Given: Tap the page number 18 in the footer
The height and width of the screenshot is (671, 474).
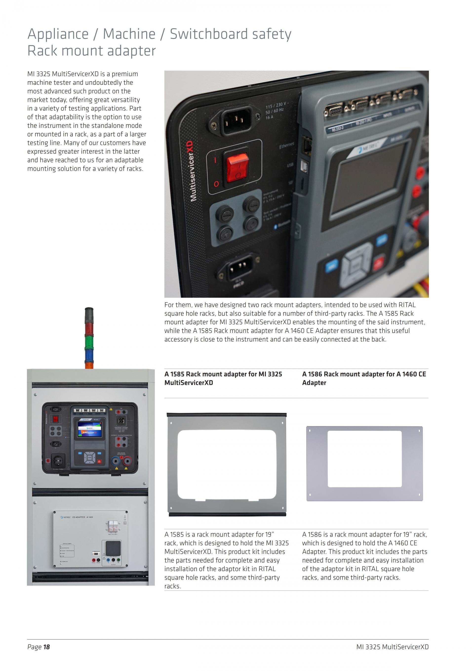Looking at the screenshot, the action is (46, 647).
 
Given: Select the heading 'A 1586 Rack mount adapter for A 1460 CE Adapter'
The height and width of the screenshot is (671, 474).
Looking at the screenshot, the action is (364, 378).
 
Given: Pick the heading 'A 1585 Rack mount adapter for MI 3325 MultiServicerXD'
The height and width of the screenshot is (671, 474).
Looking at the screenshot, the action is (223, 378).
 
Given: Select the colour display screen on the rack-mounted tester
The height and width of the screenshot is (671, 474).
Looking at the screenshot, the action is (89, 429).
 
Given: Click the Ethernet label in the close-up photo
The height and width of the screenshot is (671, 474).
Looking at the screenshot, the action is (287, 145).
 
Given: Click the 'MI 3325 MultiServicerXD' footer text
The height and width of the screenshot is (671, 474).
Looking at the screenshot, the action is (392, 647).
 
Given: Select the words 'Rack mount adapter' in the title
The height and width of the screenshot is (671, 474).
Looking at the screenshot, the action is (92, 51).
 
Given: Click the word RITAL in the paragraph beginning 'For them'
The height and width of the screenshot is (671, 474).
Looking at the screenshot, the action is (407, 305).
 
